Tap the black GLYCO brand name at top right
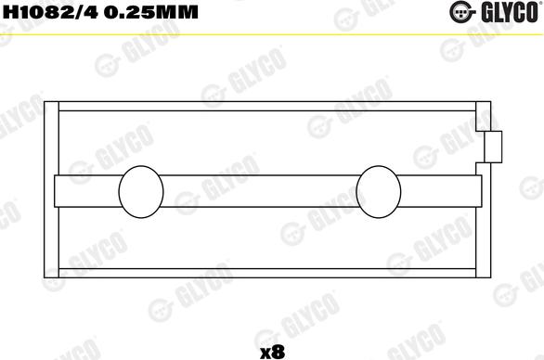pos(509,12)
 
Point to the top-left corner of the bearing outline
pos(60,102)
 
